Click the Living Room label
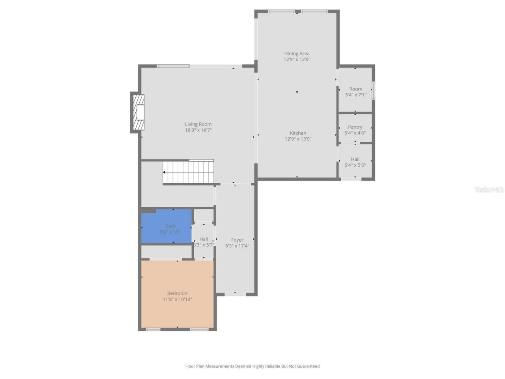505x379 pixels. pos(198,124)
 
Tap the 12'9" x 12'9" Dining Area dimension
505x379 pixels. pos(297,60)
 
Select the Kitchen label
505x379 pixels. pos(298,133)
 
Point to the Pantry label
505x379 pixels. pos(355,127)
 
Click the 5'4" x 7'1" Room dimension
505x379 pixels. pos(355,95)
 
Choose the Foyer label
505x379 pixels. pos(237,240)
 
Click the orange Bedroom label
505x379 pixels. pos(177,293)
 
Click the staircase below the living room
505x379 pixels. pos(189,172)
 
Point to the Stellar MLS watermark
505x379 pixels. pos(489,190)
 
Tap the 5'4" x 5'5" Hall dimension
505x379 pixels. pos(355,165)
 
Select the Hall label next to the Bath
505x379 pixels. pos(204,239)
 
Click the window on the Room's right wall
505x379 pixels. pos(373,91)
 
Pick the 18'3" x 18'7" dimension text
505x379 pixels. pos(198,130)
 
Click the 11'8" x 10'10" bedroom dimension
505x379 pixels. pos(177,299)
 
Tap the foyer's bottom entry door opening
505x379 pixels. pos(235,294)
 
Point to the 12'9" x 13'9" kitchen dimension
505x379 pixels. pos(298,139)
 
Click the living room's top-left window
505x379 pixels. pos(173,66)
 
